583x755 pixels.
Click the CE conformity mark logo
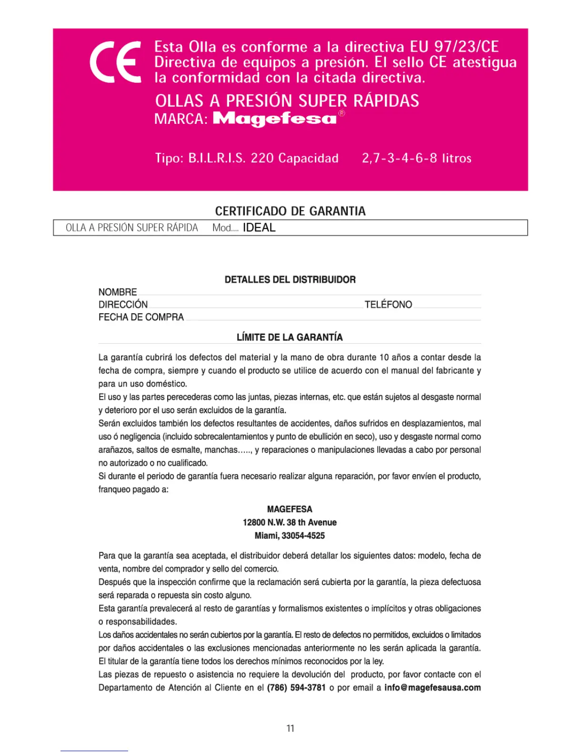pyautogui.click(x=116, y=62)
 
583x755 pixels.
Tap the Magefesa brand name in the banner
pyautogui.click(x=275, y=119)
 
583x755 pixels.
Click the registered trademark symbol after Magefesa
pyautogui.click(x=342, y=113)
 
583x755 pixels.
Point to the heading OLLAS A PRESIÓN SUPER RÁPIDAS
pyautogui.click(x=287, y=101)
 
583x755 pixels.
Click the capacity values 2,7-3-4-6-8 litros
pyautogui.click(x=416, y=158)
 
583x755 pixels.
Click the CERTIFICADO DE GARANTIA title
pyautogui.click(x=290, y=211)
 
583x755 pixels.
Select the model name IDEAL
pyautogui.click(x=259, y=228)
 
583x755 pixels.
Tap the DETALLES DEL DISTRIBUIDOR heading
pyautogui.click(x=290, y=280)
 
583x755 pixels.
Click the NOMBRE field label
pyautogui.click(x=118, y=292)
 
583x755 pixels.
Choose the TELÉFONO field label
pyautogui.click(x=388, y=305)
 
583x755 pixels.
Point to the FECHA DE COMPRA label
pyautogui.click(x=141, y=317)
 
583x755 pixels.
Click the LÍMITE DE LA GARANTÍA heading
pyautogui.click(x=290, y=337)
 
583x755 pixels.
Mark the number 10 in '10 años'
pyautogui.click(x=384, y=357)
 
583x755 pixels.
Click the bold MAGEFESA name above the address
pyautogui.click(x=290, y=509)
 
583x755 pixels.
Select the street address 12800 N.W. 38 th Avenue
pyautogui.click(x=290, y=522)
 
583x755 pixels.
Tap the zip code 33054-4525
pyautogui.click(x=303, y=536)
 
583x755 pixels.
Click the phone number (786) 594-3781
pyautogui.click(x=296, y=688)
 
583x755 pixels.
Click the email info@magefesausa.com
pyautogui.click(x=432, y=688)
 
